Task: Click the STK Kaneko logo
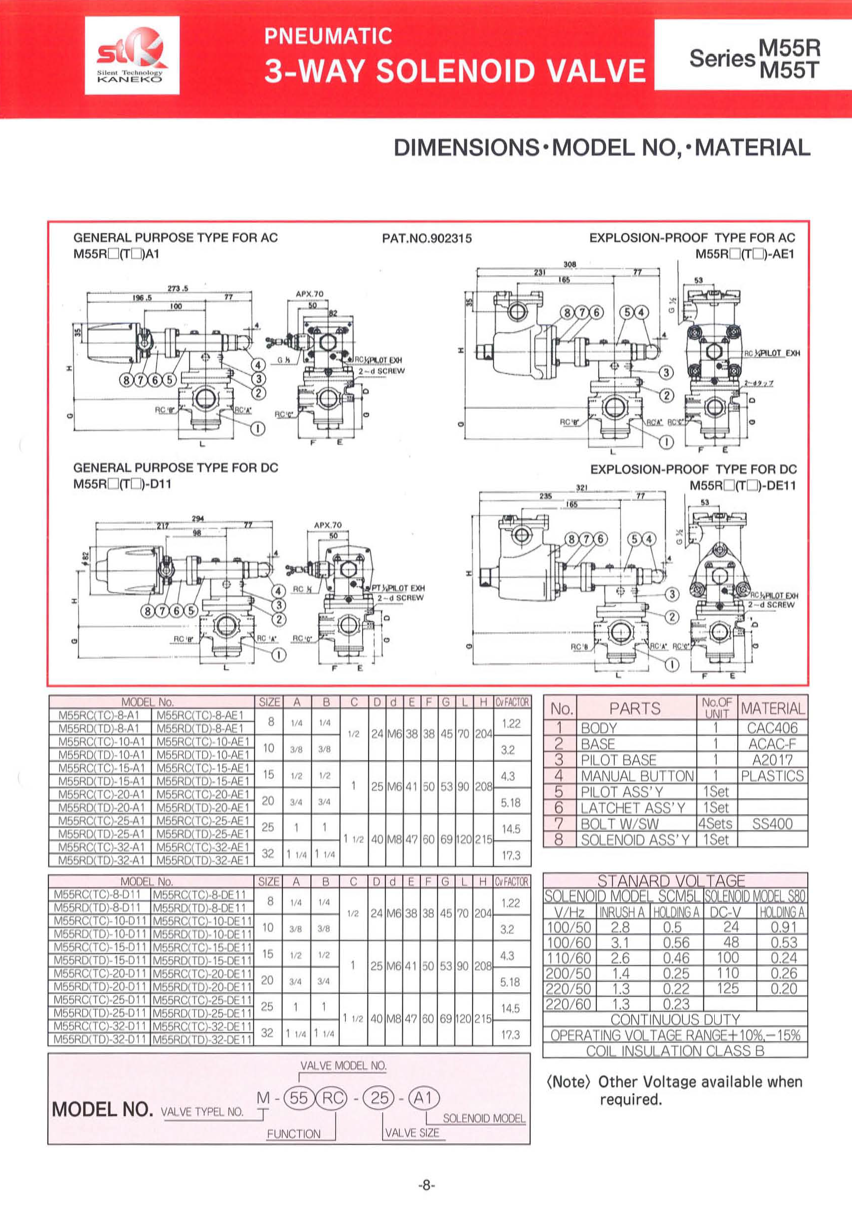click(x=132, y=56)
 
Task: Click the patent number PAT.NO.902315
click(x=427, y=239)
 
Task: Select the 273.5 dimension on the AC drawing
click(x=178, y=288)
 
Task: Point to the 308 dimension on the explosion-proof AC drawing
click(x=569, y=264)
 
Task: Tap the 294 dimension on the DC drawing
click(x=198, y=518)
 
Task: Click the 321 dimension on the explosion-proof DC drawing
click(x=582, y=487)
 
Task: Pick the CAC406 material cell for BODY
click(x=772, y=728)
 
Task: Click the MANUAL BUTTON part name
click(x=637, y=776)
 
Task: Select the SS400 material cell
click(x=772, y=824)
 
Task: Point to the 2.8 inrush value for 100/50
click(x=620, y=928)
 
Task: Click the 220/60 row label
click(x=568, y=1004)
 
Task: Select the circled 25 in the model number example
click(x=379, y=1098)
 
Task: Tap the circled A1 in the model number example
click(x=423, y=1098)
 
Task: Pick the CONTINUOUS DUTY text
click(x=675, y=1020)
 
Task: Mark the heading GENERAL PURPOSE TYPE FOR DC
click(x=176, y=468)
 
